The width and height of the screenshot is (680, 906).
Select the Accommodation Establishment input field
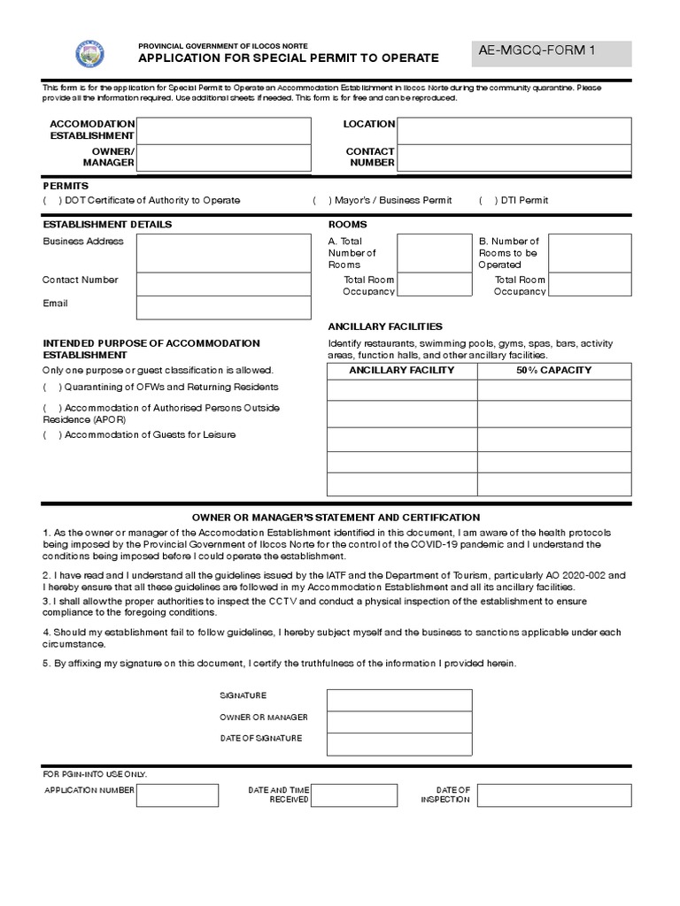click(x=223, y=131)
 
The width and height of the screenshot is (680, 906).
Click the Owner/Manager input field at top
click(x=223, y=158)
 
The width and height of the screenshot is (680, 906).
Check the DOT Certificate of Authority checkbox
click(x=50, y=201)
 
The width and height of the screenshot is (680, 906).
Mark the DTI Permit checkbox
click(x=486, y=201)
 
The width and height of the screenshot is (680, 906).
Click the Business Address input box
click(x=223, y=253)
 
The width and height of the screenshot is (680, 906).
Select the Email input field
click(x=223, y=307)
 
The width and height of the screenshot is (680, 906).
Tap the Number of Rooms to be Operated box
click(x=591, y=253)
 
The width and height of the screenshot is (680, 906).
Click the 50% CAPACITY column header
click(x=554, y=371)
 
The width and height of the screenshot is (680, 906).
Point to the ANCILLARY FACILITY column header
click(x=402, y=371)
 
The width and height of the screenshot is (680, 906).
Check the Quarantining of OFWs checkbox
click(x=50, y=388)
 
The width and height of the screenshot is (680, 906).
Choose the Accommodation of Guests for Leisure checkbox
click(x=50, y=435)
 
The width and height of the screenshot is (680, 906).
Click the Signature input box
click(x=398, y=700)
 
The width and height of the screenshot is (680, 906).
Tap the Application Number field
click(x=177, y=795)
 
